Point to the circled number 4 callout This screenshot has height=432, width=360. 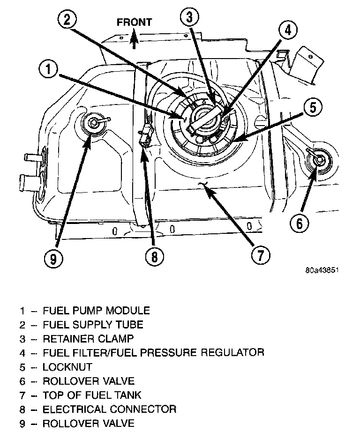click(x=287, y=31)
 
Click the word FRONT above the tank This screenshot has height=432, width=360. click(x=134, y=22)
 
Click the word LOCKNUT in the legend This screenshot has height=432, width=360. click(x=67, y=367)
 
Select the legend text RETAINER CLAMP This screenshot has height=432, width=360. click(x=88, y=338)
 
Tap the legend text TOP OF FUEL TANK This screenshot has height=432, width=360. click(x=92, y=395)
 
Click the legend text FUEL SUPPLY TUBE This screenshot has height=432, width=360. click(x=93, y=324)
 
